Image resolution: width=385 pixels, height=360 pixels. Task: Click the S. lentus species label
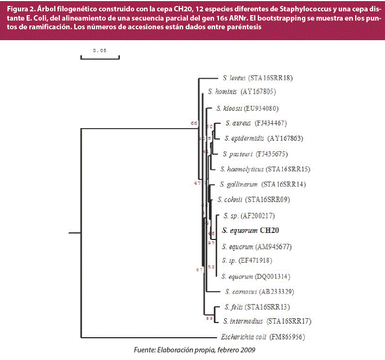234,78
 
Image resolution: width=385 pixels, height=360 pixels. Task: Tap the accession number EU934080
263,108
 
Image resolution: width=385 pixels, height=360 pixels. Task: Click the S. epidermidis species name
243,138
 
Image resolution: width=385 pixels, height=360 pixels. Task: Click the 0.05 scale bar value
100,50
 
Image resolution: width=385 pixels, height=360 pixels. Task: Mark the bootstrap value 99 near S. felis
209,319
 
